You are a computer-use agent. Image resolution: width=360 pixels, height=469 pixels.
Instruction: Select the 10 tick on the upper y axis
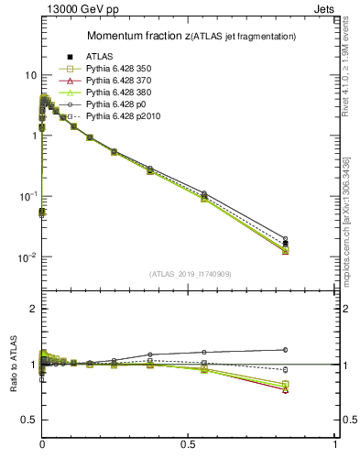click(x=29, y=75)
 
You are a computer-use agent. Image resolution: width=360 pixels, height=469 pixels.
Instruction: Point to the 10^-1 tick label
click(x=27, y=197)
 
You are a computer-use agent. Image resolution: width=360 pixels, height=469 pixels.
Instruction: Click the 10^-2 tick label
click(x=27, y=257)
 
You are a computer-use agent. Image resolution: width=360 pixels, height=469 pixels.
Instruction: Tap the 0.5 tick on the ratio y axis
click(x=28, y=420)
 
